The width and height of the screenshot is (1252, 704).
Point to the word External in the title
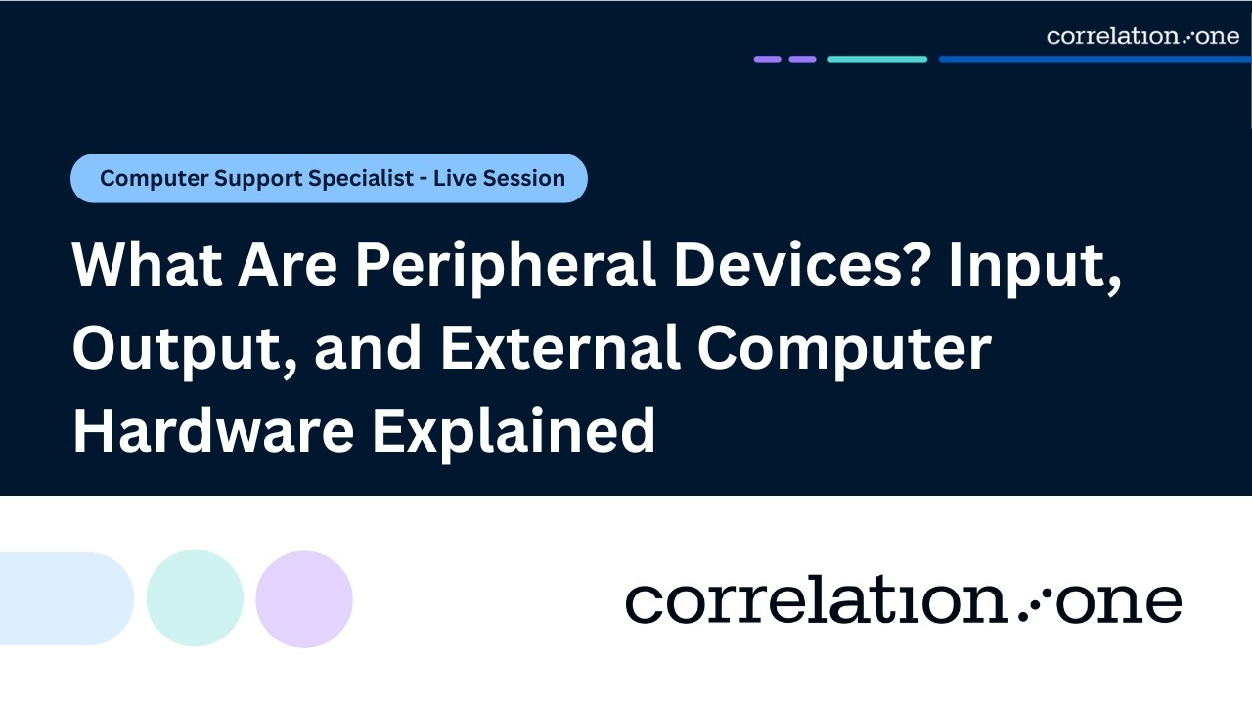559,349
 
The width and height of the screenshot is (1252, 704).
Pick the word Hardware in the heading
212,431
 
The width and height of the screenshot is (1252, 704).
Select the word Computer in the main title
844,349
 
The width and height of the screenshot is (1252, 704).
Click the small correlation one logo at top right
1142,37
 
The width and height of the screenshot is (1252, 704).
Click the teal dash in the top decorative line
877,59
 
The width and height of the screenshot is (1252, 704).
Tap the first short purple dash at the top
768,59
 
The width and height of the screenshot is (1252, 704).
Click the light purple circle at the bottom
304,599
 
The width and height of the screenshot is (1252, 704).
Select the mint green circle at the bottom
195,598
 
